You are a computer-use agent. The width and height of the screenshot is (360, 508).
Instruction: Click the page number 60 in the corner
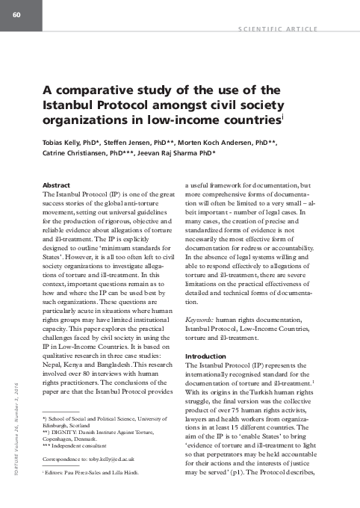click(14, 8)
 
